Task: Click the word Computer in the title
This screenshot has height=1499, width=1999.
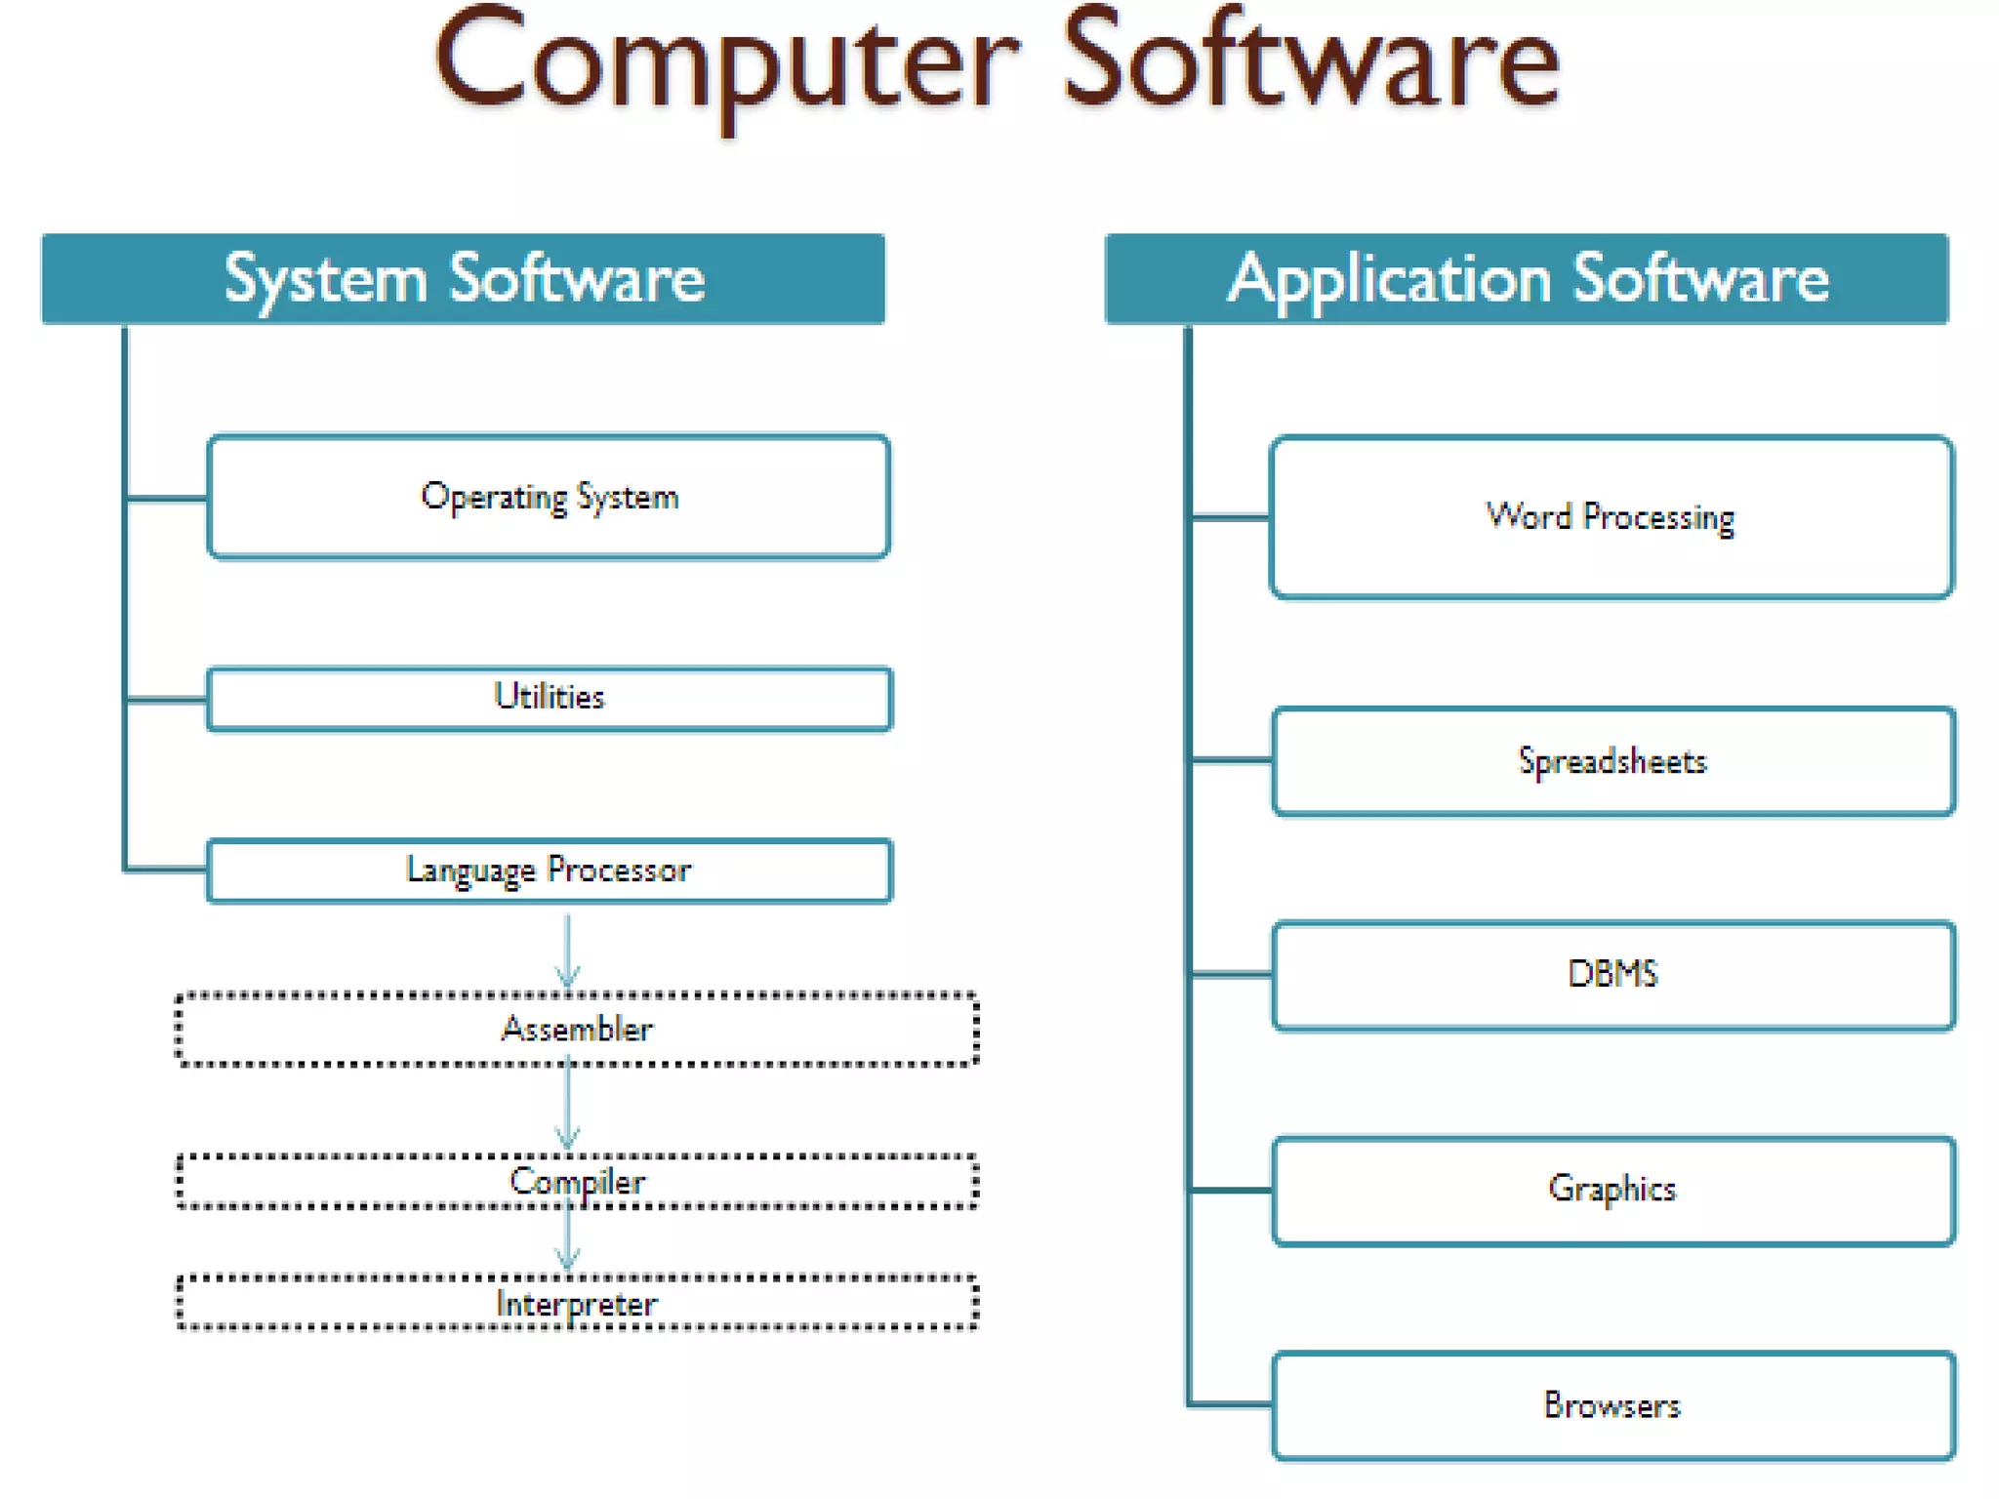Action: pos(727,63)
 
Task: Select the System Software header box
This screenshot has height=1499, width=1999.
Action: pos(463,279)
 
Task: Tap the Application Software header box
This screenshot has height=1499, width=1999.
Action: pos(1527,279)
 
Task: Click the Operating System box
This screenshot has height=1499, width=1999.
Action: pos(549,497)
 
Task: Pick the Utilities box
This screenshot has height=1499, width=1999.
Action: pos(549,698)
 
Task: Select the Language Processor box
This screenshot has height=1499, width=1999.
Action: pos(549,870)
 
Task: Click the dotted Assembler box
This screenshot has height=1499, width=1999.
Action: pos(577,1029)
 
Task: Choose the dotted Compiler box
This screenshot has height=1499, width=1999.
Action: pos(577,1182)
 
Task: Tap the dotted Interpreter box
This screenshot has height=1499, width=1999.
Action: pos(577,1303)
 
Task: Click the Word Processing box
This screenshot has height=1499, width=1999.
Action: pos(1611,516)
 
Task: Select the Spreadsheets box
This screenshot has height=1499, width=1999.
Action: pos(1613,761)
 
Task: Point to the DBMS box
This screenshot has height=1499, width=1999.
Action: pos(1613,974)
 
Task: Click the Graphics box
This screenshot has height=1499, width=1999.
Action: pos(1613,1190)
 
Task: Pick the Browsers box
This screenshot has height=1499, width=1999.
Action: pos(1613,1405)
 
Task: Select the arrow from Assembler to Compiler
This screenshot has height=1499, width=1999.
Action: pos(568,1109)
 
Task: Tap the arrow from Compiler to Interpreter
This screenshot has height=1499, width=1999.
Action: pos(568,1240)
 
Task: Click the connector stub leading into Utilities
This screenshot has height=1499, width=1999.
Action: pos(167,699)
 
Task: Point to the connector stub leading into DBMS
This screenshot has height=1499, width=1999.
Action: pos(1231,974)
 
